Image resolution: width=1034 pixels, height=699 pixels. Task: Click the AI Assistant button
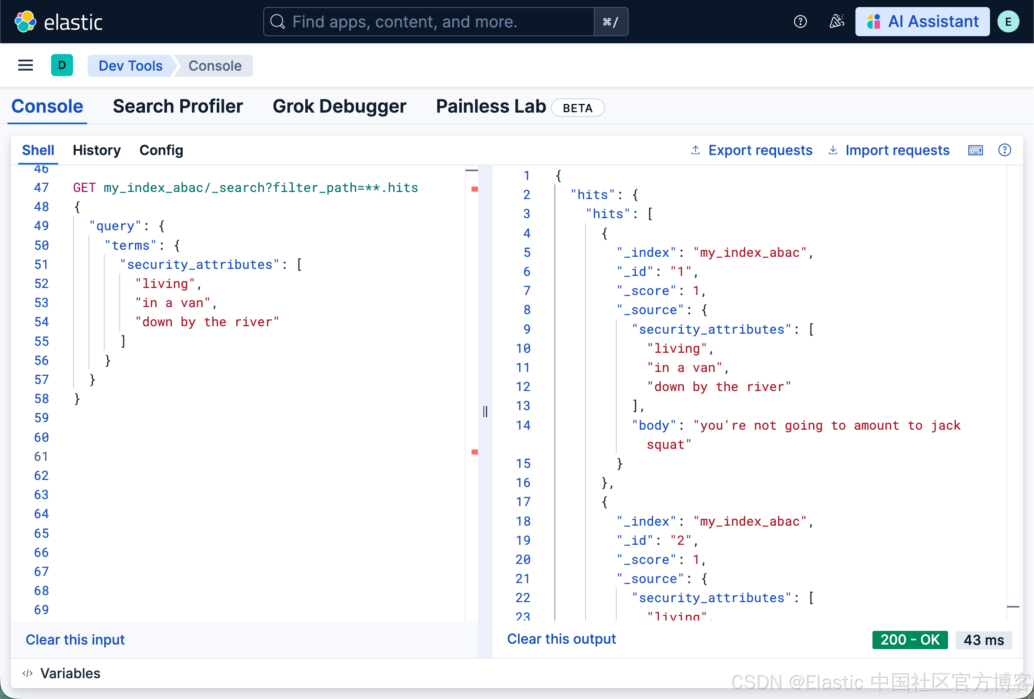pyautogui.click(x=922, y=21)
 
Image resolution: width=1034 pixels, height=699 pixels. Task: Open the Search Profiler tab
pyautogui.click(x=178, y=107)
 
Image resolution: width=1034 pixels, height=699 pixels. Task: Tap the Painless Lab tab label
pyautogui.click(x=490, y=107)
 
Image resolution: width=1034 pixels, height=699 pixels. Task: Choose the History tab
pyautogui.click(x=96, y=150)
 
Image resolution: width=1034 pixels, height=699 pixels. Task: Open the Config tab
pyautogui.click(x=161, y=150)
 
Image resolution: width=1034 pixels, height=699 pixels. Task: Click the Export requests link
pyautogui.click(x=760, y=150)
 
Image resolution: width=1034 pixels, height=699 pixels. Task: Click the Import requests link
pyautogui.click(x=897, y=150)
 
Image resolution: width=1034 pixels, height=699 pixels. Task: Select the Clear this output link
pyautogui.click(x=561, y=639)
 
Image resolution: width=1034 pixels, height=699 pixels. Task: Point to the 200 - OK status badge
pyautogui.click(x=909, y=640)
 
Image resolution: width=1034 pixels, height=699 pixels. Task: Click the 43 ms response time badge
pyautogui.click(x=983, y=640)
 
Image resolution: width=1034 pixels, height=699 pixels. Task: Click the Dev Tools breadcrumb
pyautogui.click(x=130, y=66)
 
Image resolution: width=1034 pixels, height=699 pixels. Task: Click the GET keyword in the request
pyautogui.click(x=84, y=188)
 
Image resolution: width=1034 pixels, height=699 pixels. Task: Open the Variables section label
pyautogui.click(x=70, y=673)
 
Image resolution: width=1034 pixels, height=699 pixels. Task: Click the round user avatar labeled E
pyautogui.click(x=1008, y=21)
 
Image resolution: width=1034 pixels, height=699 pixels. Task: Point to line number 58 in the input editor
pyautogui.click(x=42, y=399)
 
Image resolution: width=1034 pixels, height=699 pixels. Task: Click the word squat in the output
pyautogui.click(x=668, y=445)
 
